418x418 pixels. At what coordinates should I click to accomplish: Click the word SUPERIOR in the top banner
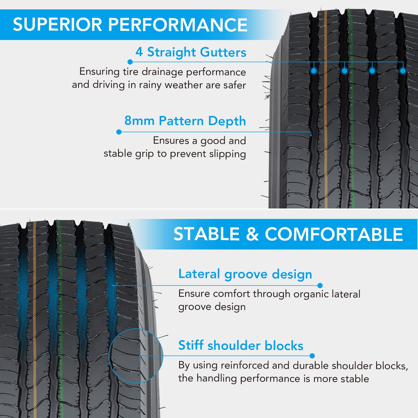point(57,25)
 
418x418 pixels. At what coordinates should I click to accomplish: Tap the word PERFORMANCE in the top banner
point(178,25)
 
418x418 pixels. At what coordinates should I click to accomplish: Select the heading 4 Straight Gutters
point(191,52)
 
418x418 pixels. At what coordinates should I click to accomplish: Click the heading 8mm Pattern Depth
point(185,121)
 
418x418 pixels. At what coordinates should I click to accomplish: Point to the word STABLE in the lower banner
point(207,234)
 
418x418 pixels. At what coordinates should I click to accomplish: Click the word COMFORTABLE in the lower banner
point(334,234)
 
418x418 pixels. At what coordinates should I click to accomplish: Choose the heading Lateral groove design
point(245,274)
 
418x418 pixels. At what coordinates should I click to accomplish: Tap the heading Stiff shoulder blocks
point(241,345)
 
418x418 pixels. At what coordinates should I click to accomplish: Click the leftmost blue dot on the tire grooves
point(314,71)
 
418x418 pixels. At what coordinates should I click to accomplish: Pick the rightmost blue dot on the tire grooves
point(403,71)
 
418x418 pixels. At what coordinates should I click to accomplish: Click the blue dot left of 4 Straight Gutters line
point(130,62)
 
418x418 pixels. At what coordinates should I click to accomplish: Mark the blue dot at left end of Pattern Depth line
point(119,132)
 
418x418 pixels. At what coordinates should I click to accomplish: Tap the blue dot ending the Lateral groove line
point(320,286)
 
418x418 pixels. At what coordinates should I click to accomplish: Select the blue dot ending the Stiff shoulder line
point(312,356)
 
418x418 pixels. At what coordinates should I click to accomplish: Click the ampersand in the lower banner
point(252,234)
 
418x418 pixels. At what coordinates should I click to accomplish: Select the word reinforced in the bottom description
point(245,365)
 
